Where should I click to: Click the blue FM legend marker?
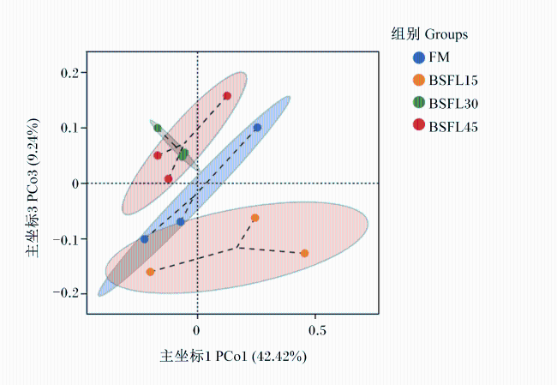click(x=419, y=57)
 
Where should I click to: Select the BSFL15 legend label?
click(x=453, y=81)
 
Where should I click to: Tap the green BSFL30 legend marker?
click(x=419, y=103)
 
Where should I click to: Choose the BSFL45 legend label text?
click(x=453, y=127)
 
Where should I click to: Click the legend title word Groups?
click(x=446, y=34)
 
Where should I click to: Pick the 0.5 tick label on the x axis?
click(x=317, y=331)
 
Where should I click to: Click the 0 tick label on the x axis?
click(x=197, y=331)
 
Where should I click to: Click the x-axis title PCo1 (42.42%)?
click(x=261, y=356)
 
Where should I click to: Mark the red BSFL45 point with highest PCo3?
click(x=227, y=96)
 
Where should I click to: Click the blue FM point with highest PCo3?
click(x=258, y=128)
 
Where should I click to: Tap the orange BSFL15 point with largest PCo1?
click(x=304, y=254)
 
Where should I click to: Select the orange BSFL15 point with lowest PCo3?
click(x=150, y=272)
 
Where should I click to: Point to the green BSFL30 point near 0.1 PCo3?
click(x=158, y=128)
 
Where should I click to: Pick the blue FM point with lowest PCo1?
click(x=144, y=239)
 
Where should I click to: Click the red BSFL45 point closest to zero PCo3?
click(x=168, y=179)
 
